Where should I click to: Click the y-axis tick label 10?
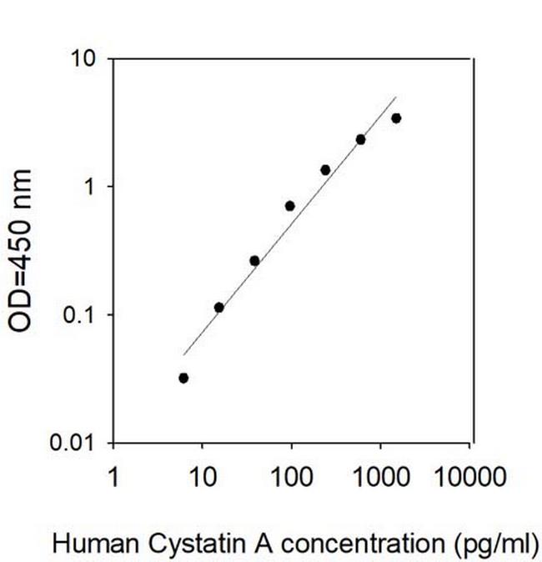click(x=81, y=59)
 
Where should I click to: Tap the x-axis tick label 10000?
click(x=469, y=477)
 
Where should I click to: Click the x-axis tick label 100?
click(x=291, y=477)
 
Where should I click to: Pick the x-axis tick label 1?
click(x=113, y=477)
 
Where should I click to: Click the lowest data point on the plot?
click(x=183, y=378)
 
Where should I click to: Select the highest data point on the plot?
click(x=396, y=118)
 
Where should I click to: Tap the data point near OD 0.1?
click(x=218, y=308)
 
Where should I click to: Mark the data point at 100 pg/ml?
click(x=290, y=206)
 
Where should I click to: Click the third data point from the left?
click(x=254, y=261)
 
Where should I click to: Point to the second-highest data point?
click(x=360, y=139)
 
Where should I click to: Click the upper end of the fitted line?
click(x=395, y=97)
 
